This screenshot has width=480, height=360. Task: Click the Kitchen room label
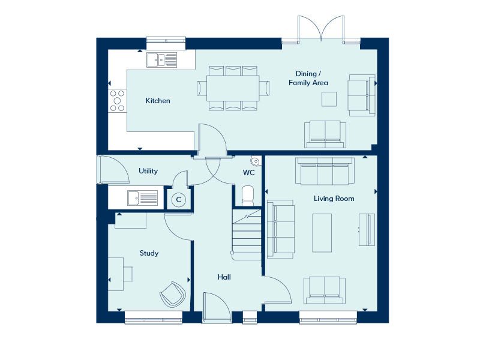coord(158,101)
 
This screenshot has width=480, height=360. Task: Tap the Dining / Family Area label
coord(308,78)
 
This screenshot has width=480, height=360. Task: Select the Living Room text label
coord(334,199)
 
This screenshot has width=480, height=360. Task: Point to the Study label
coord(149,253)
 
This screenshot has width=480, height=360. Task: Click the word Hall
coord(224,277)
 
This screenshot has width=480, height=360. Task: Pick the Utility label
coord(148,171)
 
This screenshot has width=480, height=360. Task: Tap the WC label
coord(248,173)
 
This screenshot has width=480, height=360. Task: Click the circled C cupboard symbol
coord(178,200)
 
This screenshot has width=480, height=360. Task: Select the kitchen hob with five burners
coord(117,101)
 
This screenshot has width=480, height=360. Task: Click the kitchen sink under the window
coord(161,59)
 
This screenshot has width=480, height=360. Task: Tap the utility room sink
coord(143,198)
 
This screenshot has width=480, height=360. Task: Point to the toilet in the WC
coord(248,196)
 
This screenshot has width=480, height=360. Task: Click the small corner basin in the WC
coord(256,161)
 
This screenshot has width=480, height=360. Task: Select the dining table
coord(233,88)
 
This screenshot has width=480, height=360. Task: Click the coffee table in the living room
coord(322,233)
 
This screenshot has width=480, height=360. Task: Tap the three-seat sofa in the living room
coord(325,171)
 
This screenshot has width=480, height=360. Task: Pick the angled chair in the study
coord(173,295)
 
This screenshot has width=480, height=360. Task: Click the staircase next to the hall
coord(247,235)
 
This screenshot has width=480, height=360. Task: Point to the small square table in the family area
coord(329,99)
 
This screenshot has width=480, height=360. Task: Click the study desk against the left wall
coord(116,274)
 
